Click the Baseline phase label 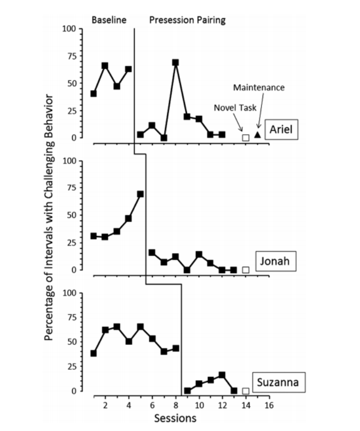[x=109, y=20]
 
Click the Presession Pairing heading [x=187, y=20]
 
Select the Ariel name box [x=281, y=129]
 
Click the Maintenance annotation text [x=259, y=88]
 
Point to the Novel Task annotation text [x=235, y=107]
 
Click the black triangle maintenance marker [x=257, y=135]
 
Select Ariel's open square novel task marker [x=246, y=138]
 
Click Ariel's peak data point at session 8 [x=176, y=62]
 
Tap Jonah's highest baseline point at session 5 [x=140, y=194]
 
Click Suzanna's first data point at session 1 [x=93, y=353]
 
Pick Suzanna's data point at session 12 [x=222, y=375]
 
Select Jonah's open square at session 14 [x=246, y=270]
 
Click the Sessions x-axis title [x=175, y=418]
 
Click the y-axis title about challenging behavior [x=49, y=217]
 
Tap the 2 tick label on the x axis [x=105, y=405]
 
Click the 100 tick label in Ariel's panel [x=69, y=29]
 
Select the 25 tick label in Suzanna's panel [x=72, y=366]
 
